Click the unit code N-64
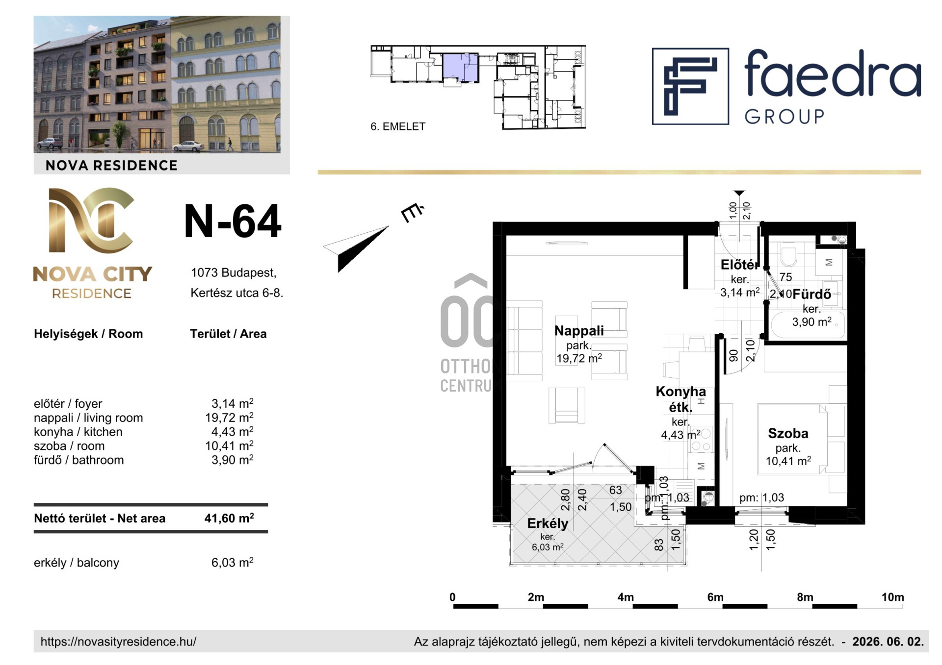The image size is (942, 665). pyautogui.click(x=233, y=222)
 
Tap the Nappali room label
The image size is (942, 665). pyautogui.click(x=579, y=331)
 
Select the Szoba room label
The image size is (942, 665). pyautogui.click(x=788, y=434)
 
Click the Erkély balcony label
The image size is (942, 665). pyautogui.click(x=548, y=523)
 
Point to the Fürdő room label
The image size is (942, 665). pyautogui.click(x=812, y=295)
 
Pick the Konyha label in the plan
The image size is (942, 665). pyautogui.click(x=680, y=392)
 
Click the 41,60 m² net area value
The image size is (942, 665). pyautogui.click(x=229, y=518)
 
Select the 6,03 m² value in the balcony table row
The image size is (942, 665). pyautogui.click(x=233, y=563)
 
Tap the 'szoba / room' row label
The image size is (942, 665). pyautogui.click(x=69, y=446)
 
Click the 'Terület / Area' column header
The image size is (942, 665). pyautogui.click(x=228, y=334)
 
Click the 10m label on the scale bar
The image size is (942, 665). pyautogui.click(x=892, y=597)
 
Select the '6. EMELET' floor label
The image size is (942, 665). pyautogui.click(x=398, y=126)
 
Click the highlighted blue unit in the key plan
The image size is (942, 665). pyautogui.click(x=460, y=67)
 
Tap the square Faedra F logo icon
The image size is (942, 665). pyautogui.click(x=690, y=86)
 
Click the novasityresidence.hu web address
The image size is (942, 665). pyautogui.click(x=118, y=641)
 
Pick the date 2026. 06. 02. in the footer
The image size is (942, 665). pyautogui.click(x=888, y=641)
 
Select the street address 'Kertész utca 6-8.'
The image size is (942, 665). pyautogui.click(x=237, y=293)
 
